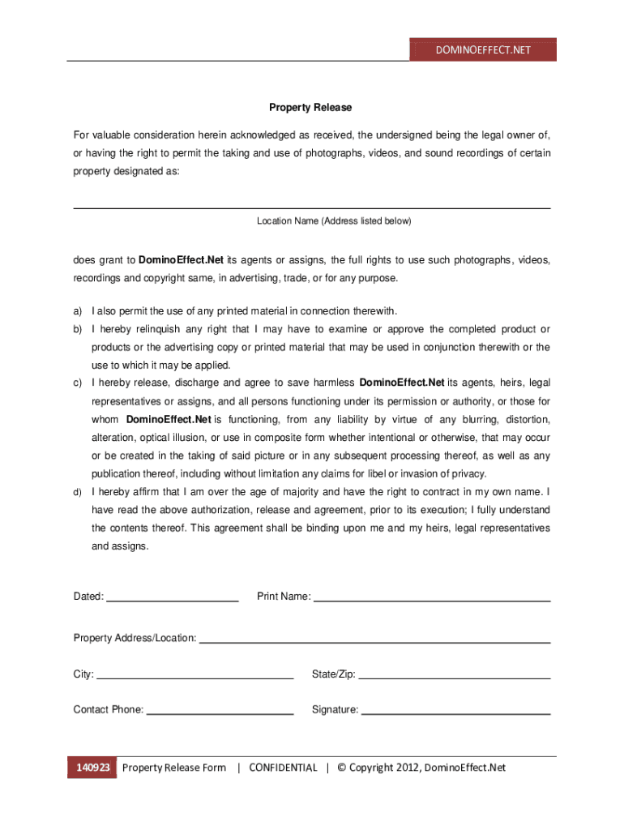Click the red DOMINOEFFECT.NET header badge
tap(483, 49)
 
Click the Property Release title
tap(311, 108)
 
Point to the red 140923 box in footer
tap(93, 768)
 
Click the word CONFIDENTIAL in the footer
tap(283, 768)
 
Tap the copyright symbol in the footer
tap(341, 768)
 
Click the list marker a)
tap(78, 311)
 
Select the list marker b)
tap(78, 329)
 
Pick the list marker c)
tap(78, 383)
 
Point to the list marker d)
tap(78, 493)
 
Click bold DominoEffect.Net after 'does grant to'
tap(181, 260)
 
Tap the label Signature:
tap(335, 710)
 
